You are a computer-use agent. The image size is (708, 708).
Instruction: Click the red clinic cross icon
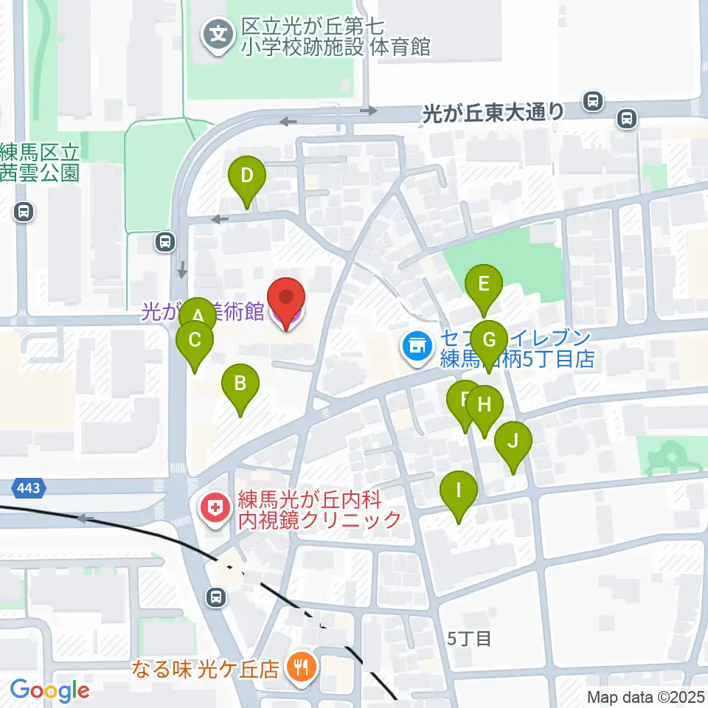pos(215,508)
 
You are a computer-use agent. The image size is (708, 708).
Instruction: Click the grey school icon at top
pos(218,32)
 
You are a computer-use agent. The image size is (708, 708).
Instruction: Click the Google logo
pos(49,691)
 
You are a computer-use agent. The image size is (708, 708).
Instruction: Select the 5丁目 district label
pos(469,638)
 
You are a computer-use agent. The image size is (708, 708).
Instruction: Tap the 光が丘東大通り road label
pos(494,113)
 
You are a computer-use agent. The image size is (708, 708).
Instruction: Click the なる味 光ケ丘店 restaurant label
pos(206,670)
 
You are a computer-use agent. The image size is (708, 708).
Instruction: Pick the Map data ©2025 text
pos(645,697)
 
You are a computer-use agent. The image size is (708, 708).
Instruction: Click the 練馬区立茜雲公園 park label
pos(40,163)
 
